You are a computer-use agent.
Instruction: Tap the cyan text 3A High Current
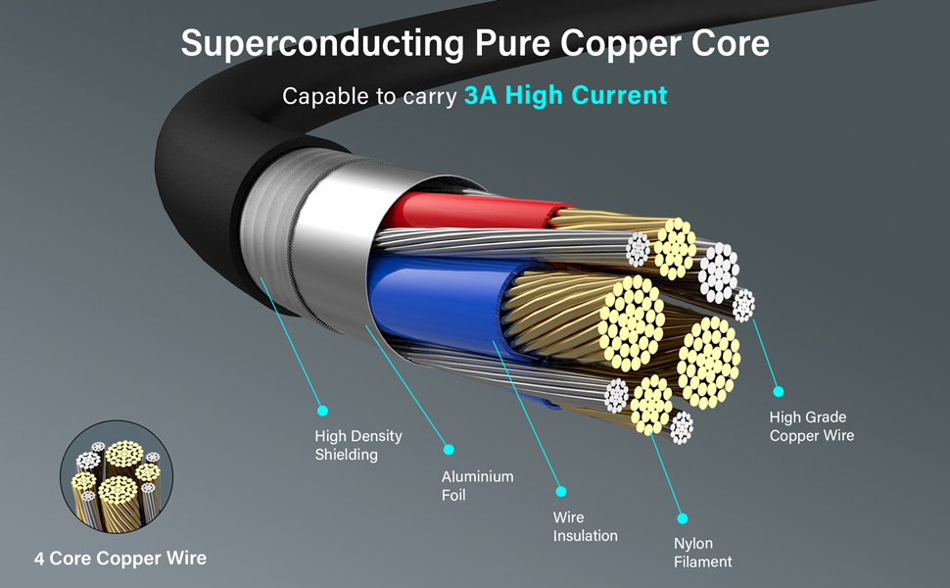pos(565,95)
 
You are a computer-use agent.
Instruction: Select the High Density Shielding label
pos(358,445)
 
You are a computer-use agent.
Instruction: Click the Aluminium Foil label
pos(477,485)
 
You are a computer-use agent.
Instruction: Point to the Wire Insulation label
pos(585,526)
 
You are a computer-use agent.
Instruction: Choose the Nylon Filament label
pos(702,553)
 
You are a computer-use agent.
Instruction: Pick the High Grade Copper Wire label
pos(811,426)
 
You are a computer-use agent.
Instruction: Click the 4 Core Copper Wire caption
pos(120,558)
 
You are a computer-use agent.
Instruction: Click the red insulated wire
pos(460,211)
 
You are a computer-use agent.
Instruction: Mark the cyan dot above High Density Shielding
pos(322,411)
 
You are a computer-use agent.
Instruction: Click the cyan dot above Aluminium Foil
pos(449,450)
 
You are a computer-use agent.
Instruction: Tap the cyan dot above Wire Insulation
pos(561,491)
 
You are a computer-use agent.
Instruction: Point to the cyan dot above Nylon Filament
pos(683,517)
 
